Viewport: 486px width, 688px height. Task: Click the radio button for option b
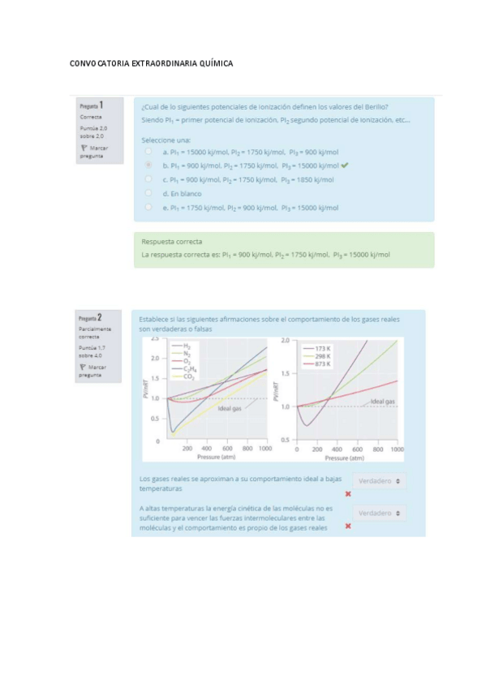(x=148, y=165)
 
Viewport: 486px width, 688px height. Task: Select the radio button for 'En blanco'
(x=148, y=193)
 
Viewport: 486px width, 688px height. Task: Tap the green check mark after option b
(x=345, y=165)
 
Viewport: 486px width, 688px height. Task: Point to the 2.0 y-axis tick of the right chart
(x=286, y=342)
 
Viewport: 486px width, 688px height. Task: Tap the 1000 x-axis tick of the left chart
(x=265, y=448)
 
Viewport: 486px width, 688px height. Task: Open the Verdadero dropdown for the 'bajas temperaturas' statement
(x=380, y=481)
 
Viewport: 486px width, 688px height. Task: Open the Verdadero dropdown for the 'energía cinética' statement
(x=380, y=514)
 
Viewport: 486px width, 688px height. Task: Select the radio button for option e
(x=148, y=208)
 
